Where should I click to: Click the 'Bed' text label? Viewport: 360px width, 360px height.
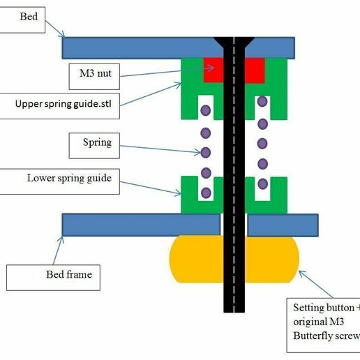[x=29, y=16]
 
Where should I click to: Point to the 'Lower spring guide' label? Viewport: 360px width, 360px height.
[x=69, y=178]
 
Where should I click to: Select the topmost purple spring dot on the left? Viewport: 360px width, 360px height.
[x=205, y=110]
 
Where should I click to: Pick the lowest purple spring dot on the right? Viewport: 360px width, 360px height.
[x=262, y=184]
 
